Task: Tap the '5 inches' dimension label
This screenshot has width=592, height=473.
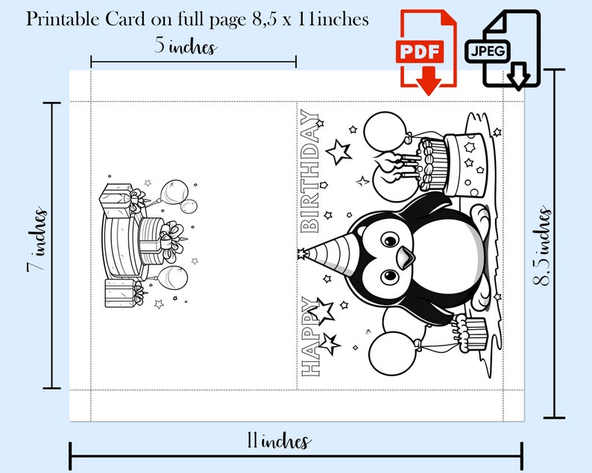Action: [x=186, y=46]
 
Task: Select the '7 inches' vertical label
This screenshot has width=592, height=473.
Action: [x=37, y=242]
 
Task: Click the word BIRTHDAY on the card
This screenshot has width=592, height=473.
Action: [x=309, y=172]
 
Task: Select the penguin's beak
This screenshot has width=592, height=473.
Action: [x=404, y=258]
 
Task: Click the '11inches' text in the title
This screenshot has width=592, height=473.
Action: [x=328, y=19]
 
